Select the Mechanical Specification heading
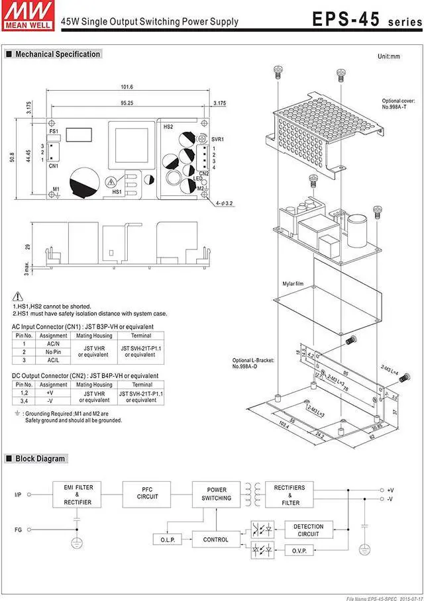coord(58,54)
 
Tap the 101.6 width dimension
coord(127,87)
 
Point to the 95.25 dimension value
coord(127,103)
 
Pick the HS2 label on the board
coord(168,126)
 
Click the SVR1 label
coord(217,139)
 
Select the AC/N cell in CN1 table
coord(53,344)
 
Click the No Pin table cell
coord(53,351)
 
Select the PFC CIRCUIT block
coord(147,494)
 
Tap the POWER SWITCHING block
coord(216,494)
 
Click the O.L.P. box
coord(166,539)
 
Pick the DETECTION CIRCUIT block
coord(308,530)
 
